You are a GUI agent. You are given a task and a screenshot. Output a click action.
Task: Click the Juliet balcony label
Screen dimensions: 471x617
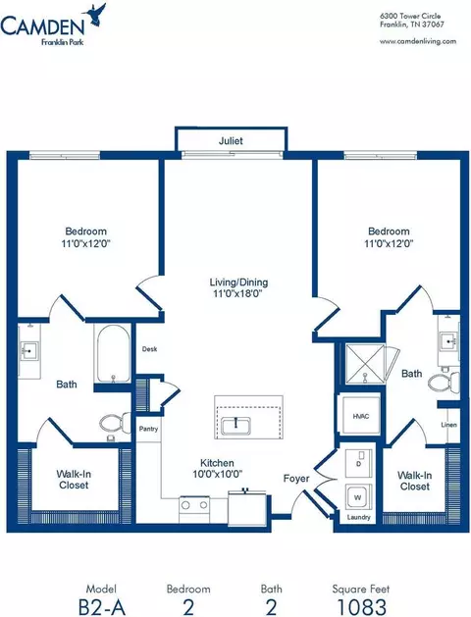pos(231,140)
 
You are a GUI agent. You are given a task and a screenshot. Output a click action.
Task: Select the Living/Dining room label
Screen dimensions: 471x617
pos(238,283)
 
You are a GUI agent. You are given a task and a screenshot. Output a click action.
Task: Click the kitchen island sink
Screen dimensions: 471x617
pos(235,425)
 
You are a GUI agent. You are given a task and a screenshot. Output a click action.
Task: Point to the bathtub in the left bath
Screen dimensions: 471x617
pos(113,354)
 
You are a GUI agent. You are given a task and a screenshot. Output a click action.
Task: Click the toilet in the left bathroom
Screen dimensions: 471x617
pos(115,423)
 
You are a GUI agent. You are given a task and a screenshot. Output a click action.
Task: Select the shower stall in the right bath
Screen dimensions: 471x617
pos(365,364)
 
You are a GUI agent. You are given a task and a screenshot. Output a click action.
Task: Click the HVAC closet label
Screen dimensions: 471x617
pos(361,416)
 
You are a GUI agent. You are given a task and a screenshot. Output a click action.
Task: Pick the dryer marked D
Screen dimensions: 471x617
pos(358,462)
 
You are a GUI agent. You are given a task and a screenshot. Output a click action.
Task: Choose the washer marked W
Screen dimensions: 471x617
pos(358,497)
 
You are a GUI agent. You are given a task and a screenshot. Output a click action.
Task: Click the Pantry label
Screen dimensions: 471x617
pos(148,429)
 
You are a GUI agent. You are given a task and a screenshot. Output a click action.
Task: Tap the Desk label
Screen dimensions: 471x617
pos(149,348)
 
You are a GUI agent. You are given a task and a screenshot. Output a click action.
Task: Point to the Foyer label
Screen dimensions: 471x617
pos(296,479)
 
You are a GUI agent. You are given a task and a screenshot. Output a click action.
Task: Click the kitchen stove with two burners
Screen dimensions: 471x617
pos(194,509)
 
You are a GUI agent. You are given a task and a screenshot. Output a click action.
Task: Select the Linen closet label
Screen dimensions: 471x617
pos(449,425)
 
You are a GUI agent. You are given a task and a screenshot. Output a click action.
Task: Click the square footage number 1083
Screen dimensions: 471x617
pos(362,607)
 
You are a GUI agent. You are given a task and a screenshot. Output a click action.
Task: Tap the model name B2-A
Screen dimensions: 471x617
pos(102,607)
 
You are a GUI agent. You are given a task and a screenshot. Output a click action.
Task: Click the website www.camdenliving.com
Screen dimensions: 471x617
pos(418,41)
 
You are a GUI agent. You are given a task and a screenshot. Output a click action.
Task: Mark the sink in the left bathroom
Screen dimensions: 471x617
pos(28,350)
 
